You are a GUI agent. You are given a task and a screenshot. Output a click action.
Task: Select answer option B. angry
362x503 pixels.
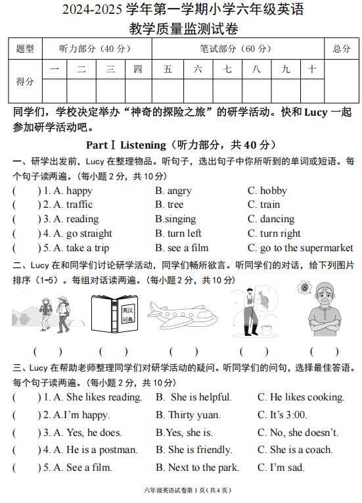173,191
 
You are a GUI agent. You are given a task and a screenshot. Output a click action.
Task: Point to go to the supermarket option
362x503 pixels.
300,248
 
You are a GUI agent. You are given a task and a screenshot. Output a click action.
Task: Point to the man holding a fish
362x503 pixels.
255,310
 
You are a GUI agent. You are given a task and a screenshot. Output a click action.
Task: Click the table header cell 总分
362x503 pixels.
341,49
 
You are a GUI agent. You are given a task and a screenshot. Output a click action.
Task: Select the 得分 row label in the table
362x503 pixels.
25,82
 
